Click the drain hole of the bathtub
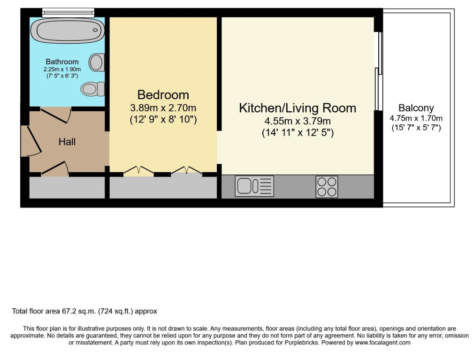click(x=95, y=30)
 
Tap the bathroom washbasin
click(x=97, y=62)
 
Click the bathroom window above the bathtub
click(x=68, y=12)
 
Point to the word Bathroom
click(x=62, y=61)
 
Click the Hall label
click(x=67, y=141)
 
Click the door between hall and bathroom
click(x=56, y=115)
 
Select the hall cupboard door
click(x=54, y=169)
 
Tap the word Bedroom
click(x=163, y=95)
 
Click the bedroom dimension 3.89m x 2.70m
click(x=163, y=107)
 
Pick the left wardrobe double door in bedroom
click(x=139, y=170)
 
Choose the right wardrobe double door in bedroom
click(x=186, y=170)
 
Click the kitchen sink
click(x=254, y=186)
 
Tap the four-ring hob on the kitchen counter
click(x=327, y=187)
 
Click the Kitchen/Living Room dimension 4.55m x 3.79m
click(x=298, y=121)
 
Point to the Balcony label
click(x=416, y=107)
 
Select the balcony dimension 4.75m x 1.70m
click(x=416, y=118)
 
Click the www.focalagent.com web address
click(x=382, y=343)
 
